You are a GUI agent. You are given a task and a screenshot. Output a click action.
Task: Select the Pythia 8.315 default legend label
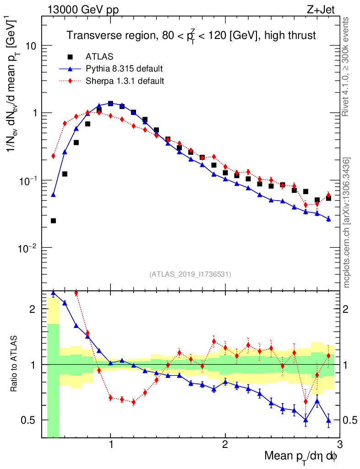[x=124, y=69]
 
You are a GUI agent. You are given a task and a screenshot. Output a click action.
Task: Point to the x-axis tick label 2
[x=225, y=445]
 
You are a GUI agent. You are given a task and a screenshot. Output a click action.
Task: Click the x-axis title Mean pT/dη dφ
[x=301, y=457]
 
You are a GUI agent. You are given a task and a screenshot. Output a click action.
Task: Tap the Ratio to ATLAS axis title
[x=15, y=364]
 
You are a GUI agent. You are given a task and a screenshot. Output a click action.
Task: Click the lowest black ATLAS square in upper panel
[x=53, y=221]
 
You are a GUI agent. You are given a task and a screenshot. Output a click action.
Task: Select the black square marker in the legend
[x=70, y=57]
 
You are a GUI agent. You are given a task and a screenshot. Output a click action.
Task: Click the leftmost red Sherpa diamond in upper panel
[x=53, y=156]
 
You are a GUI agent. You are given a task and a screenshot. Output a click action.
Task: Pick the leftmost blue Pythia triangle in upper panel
[x=53, y=195]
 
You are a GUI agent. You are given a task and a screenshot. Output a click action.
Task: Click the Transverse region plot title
[x=191, y=35]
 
